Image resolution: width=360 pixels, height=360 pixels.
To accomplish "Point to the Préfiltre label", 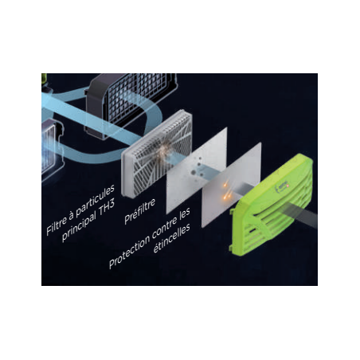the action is click(x=139, y=211).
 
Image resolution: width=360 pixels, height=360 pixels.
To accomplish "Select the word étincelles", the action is click(x=172, y=237).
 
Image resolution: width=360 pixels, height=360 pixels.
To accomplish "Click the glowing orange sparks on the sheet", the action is click(x=226, y=190).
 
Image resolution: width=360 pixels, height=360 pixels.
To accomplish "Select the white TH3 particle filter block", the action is click(x=157, y=154).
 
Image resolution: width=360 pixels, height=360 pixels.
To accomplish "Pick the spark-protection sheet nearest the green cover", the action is click(x=232, y=185).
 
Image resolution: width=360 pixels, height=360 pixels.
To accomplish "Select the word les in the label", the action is click(x=185, y=213).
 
